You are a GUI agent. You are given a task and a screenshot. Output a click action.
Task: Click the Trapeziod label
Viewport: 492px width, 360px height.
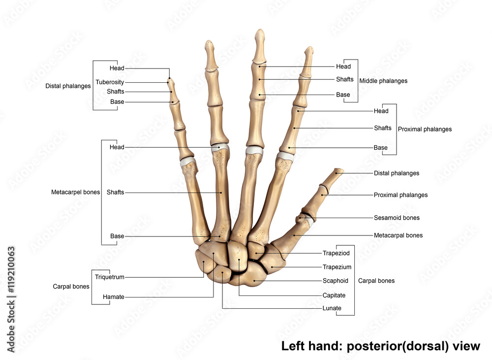(337, 253)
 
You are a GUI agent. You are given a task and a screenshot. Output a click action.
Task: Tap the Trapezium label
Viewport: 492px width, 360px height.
(337, 267)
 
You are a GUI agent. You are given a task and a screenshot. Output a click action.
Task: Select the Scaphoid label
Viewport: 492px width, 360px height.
(336, 281)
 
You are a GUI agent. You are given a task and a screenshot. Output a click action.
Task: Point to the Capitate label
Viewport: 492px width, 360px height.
(334, 295)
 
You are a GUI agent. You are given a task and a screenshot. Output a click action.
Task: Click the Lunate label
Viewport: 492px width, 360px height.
(332, 309)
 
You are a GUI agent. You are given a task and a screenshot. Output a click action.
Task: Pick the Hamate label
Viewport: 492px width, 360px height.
(113, 297)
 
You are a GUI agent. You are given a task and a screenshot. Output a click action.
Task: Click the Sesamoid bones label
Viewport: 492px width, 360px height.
(397, 218)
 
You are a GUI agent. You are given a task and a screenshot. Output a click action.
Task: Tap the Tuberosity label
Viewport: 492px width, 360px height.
(110, 82)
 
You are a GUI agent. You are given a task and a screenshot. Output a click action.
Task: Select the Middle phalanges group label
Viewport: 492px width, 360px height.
(383, 81)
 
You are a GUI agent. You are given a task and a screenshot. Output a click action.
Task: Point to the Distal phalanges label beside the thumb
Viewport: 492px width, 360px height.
(397, 173)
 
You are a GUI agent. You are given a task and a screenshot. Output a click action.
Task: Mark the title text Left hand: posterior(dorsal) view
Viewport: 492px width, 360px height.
(380, 346)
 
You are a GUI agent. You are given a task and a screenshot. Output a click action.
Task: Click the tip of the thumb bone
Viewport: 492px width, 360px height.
(340, 171)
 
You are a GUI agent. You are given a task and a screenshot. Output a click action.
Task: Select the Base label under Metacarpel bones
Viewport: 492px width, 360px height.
(117, 236)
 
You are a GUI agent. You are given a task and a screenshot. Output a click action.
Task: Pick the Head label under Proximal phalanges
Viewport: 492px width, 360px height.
(381, 111)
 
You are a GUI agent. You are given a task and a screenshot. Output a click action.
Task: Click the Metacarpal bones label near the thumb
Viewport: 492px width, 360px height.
(398, 235)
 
